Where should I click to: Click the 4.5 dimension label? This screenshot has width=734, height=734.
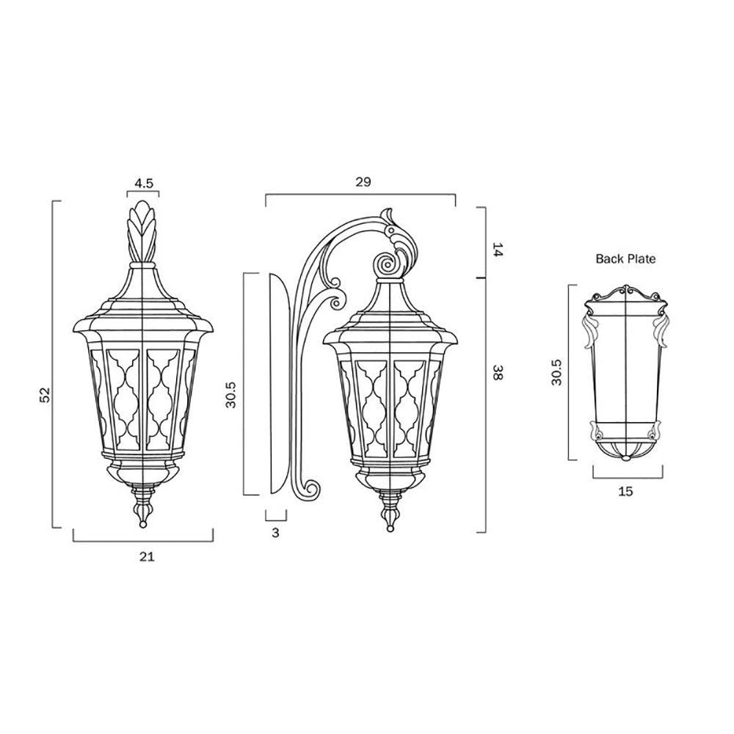(x=144, y=183)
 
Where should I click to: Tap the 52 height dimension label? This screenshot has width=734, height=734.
(x=45, y=394)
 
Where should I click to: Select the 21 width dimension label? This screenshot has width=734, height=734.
(x=146, y=557)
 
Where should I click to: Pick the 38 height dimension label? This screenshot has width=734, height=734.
(x=496, y=374)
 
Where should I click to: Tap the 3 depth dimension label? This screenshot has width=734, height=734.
(x=276, y=534)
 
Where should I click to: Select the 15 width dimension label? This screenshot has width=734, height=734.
(x=625, y=491)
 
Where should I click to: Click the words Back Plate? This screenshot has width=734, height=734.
(x=625, y=258)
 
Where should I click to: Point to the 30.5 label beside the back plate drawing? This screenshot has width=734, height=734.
(x=557, y=373)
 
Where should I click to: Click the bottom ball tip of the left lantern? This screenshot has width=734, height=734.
(x=142, y=523)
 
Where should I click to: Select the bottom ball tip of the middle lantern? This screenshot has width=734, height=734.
(x=389, y=526)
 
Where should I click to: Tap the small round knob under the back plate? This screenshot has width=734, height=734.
(x=625, y=459)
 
